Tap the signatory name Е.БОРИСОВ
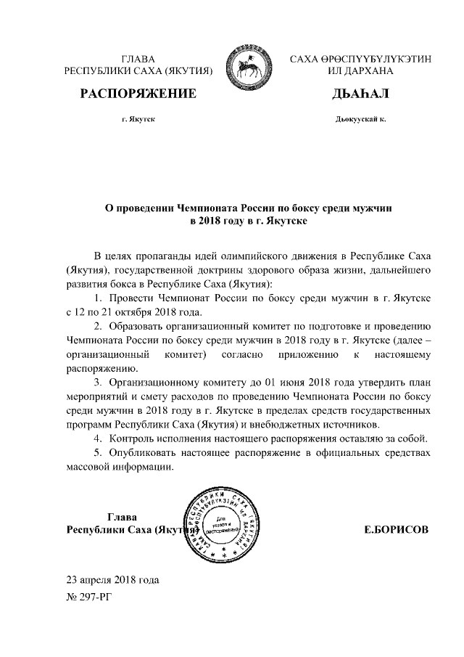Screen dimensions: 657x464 [x=396, y=530]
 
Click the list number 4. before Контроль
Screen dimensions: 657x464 [x=99, y=438]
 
